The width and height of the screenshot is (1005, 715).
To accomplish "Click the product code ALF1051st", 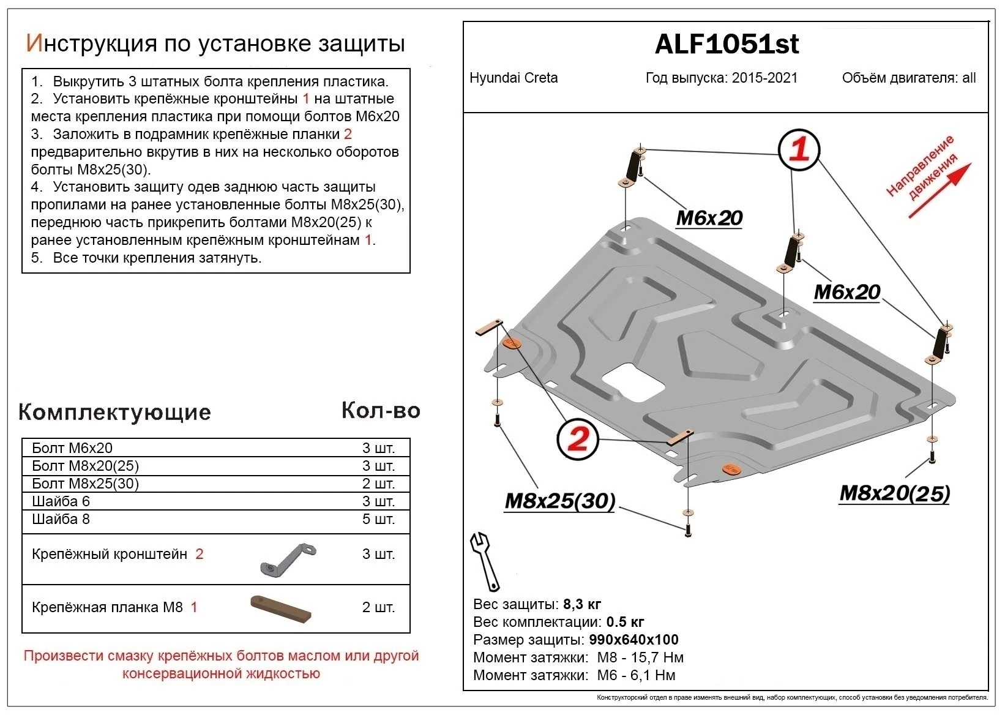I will point(727,44).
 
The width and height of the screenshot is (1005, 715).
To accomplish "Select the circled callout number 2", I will point(578,438).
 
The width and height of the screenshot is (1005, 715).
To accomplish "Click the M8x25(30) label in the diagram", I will point(559,501).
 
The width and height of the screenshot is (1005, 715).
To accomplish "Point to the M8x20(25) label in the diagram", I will point(894,493).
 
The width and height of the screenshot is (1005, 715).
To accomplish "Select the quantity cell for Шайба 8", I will point(378,519).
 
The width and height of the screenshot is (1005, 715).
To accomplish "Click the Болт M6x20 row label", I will point(72,448).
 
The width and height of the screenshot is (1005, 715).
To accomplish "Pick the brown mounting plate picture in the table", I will point(281,608).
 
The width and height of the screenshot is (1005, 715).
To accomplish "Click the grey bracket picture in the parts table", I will point(288,558).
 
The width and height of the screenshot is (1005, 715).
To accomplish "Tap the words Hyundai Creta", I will point(514,78).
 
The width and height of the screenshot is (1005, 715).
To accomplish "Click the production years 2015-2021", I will point(764,78).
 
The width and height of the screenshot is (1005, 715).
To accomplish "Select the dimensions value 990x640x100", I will point(633,640).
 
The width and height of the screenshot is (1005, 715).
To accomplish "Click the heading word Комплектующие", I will point(114,412).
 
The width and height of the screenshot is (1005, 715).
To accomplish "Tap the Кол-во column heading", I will point(381,410).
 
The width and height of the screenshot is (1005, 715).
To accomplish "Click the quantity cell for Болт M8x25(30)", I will point(378,484).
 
